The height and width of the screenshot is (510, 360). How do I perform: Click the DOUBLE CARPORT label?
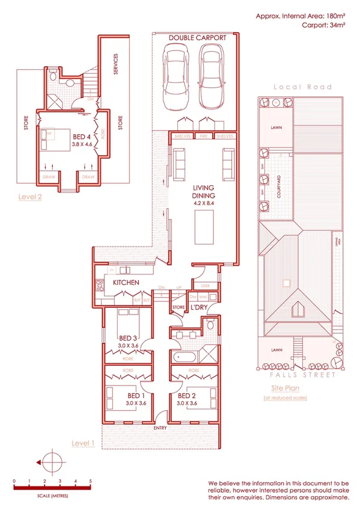[x=197, y=37]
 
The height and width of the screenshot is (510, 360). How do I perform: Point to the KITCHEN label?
[x=126, y=282]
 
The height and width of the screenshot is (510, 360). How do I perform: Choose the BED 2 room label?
[x=186, y=395]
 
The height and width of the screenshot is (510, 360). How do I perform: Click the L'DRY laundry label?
[x=199, y=309]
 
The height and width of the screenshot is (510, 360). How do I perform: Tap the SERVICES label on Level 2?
[x=116, y=65]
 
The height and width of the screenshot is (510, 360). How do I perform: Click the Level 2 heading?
[x=30, y=196]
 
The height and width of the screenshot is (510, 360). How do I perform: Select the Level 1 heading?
[x=83, y=443]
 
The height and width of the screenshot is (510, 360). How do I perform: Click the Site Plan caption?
[x=284, y=389]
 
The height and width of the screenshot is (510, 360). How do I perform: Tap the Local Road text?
[x=302, y=87]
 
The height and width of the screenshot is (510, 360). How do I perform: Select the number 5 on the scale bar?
[x=90, y=482]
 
